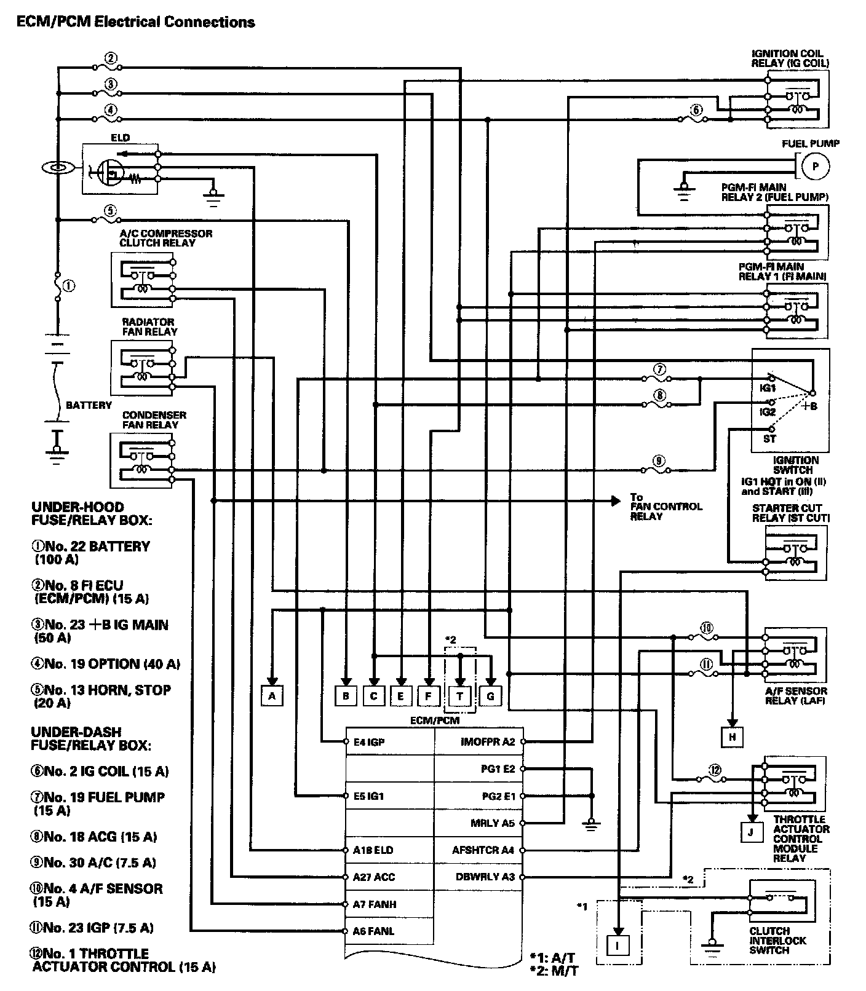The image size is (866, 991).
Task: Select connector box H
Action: coord(733,736)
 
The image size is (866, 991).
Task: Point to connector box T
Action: coord(460,696)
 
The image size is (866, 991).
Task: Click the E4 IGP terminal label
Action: coord(369,742)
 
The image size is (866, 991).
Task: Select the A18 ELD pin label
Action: coord(373,850)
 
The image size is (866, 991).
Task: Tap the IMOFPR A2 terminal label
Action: coord(487,742)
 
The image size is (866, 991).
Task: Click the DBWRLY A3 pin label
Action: coord(485,877)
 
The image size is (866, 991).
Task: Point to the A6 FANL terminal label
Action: coord(373,931)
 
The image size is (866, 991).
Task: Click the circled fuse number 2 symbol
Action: coord(111,58)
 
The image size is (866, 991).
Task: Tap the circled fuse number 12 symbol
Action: coord(714,771)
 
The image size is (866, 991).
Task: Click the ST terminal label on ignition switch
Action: coord(769,439)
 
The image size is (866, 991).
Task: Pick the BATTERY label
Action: coord(89,405)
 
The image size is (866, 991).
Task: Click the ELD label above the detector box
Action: coord(120,138)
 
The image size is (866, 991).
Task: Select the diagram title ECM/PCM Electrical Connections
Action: coord(135,23)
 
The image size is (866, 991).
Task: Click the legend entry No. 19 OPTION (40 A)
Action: coord(106,664)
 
